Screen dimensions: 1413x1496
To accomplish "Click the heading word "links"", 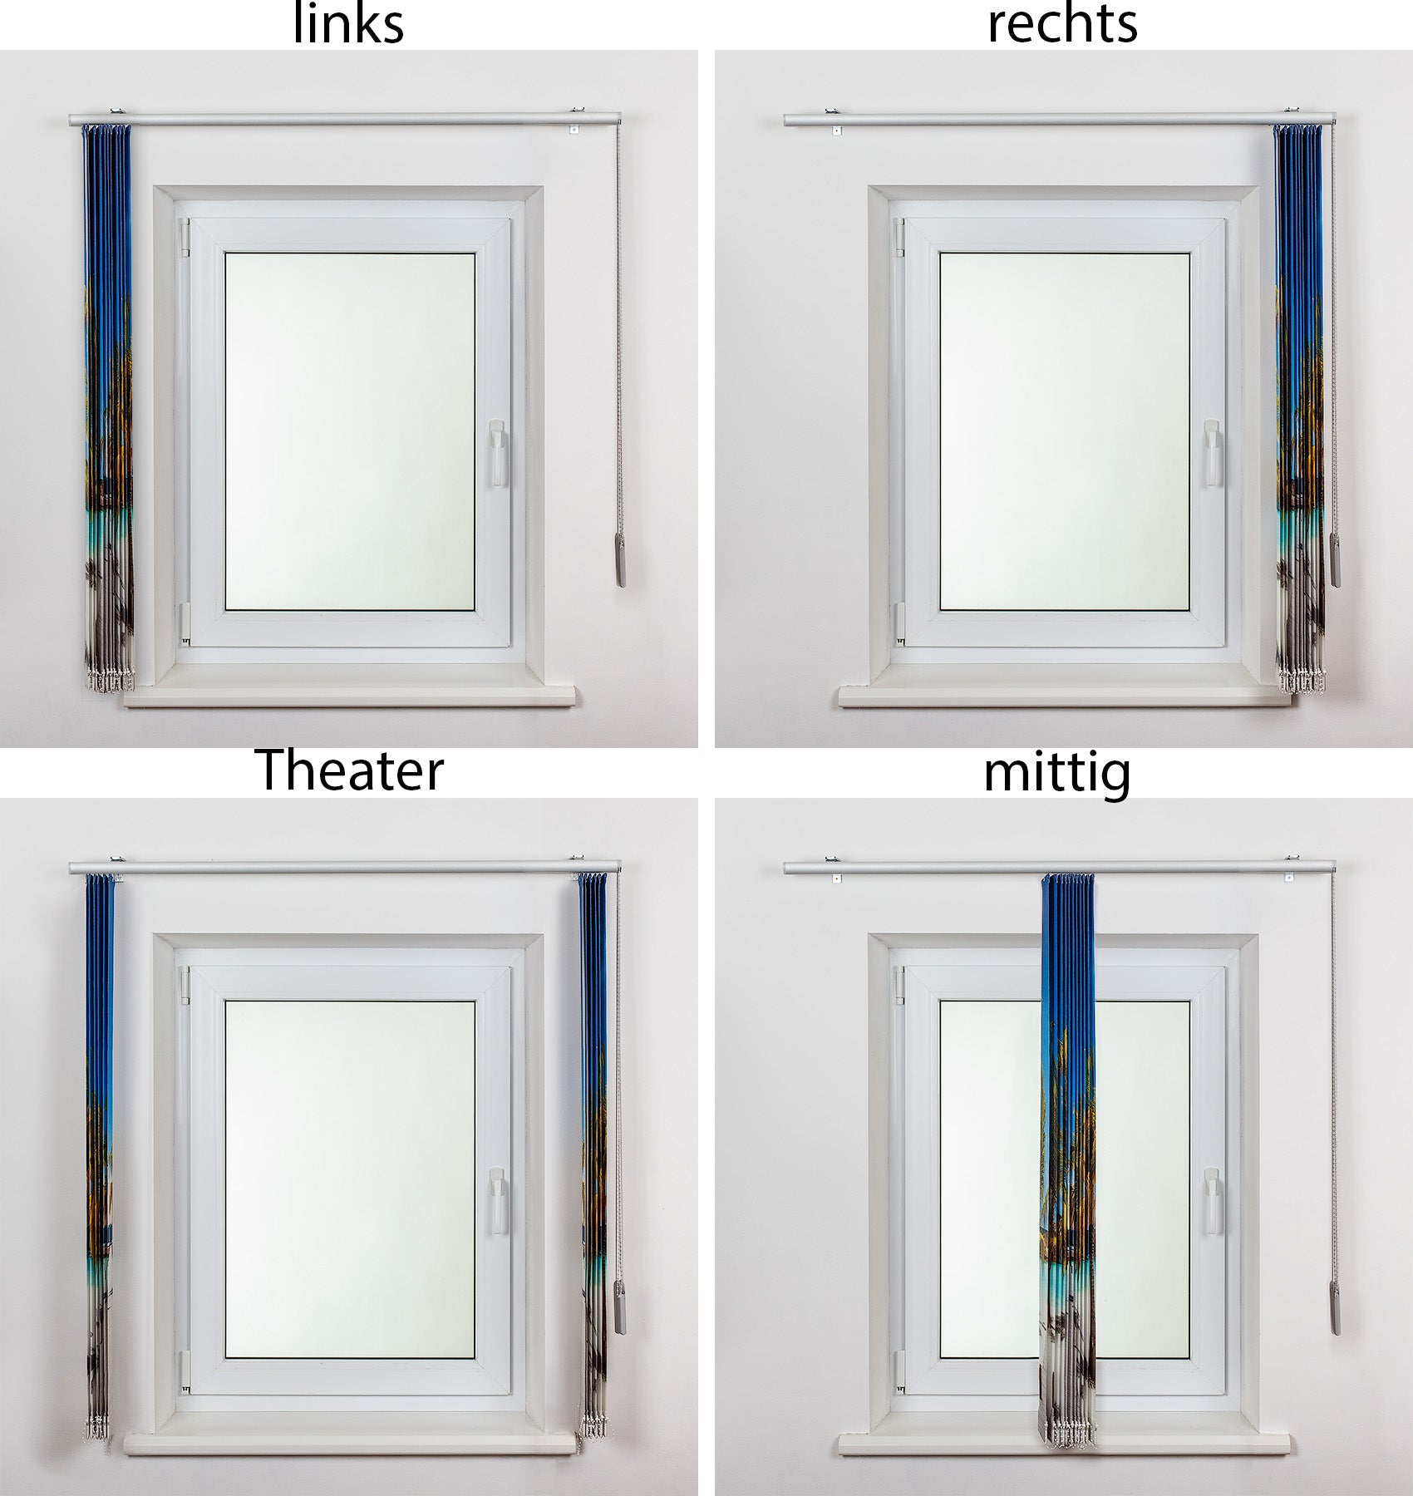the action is [x=349, y=23].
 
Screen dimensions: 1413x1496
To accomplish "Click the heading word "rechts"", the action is [x=1062, y=23].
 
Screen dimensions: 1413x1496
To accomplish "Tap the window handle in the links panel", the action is [x=496, y=453].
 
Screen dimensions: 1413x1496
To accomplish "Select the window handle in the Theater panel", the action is [x=496, y=1201].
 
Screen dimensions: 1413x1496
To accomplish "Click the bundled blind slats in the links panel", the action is [x=107, y=407].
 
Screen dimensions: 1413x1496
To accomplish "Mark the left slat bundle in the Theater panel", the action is [x=100, y=1156].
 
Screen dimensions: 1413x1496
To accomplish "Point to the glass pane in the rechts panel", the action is [x=1065, y=431].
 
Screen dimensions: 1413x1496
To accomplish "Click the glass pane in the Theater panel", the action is [x=350, y=1179].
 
